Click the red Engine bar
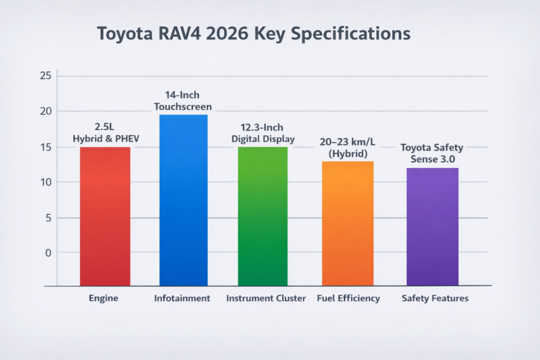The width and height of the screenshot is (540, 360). tap(105, 216)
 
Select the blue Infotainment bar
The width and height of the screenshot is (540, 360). tap(183, 200)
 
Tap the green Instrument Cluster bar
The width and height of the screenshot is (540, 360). tap(263, 216)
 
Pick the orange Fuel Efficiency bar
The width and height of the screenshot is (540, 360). tap(348, 223)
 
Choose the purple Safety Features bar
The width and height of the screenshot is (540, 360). tap(432, 227)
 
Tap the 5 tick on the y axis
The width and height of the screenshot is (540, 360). tap(47, 218)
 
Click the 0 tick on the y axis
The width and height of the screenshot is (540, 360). tap(48, 253)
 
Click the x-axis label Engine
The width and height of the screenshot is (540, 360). tap(104, 298)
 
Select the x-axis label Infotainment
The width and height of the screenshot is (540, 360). tap(182, 298)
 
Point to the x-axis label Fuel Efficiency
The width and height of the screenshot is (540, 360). tap(348, 298)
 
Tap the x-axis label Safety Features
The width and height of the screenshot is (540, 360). tap(435, 298)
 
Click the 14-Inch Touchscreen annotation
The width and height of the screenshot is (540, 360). tap(183, 101)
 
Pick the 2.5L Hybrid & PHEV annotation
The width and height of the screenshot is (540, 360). tap(104, 133)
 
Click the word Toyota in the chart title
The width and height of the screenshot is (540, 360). tap(128, 33)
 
